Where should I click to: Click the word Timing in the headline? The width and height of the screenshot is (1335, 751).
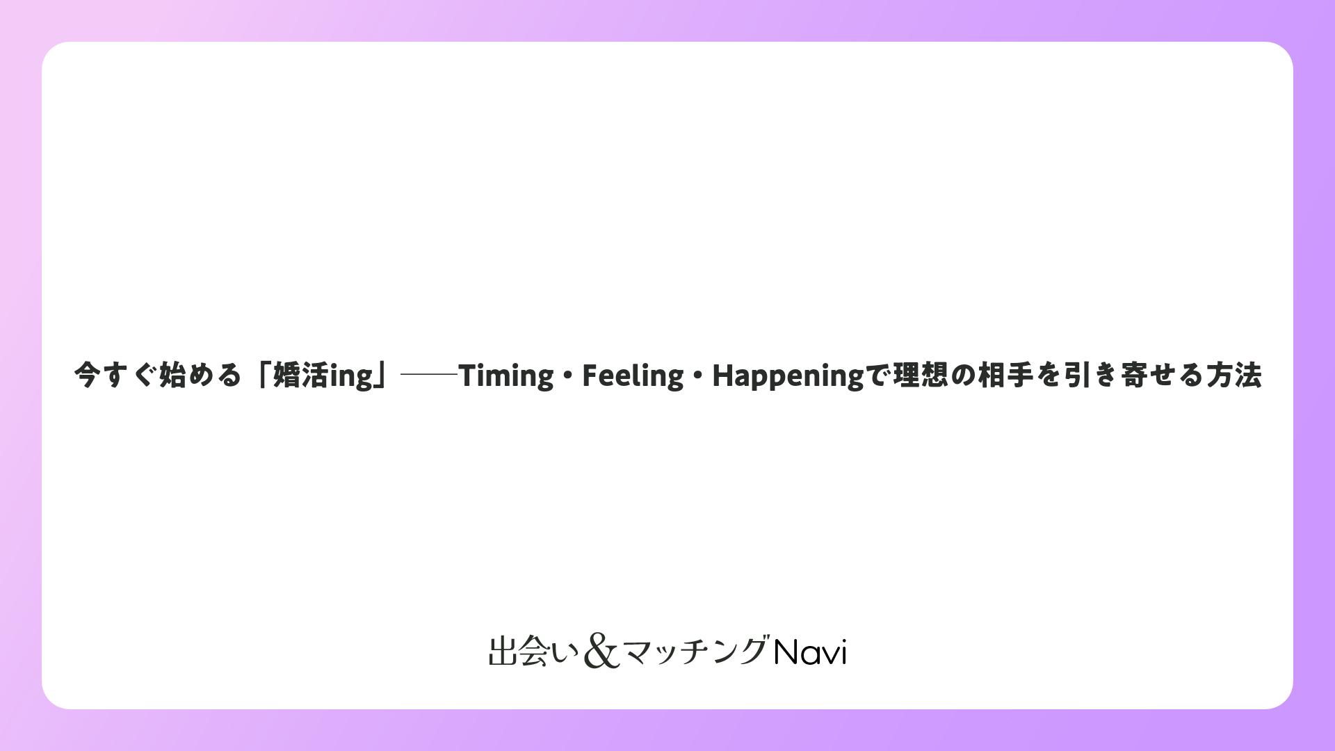[x=506, y=376]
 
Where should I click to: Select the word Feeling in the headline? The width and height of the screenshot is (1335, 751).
[x=633, y=376]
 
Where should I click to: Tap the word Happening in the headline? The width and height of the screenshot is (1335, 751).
[x=788, y=376]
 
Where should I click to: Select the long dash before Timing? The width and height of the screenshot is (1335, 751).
[x=429, y=375]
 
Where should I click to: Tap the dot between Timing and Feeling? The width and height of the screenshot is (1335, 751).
[x=568, y=376]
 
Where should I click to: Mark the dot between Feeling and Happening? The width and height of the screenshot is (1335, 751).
[x=698, y=376]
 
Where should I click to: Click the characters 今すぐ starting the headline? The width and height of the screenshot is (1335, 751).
[x=115, y=375]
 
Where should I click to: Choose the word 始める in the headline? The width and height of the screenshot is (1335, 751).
[x=200, y=375]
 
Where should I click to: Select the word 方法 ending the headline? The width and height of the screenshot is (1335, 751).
[x=1234, y=375]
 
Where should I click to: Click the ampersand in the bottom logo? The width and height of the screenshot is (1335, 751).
[x=601, y=652]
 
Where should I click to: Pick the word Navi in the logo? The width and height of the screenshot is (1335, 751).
[x=810, y=652]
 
